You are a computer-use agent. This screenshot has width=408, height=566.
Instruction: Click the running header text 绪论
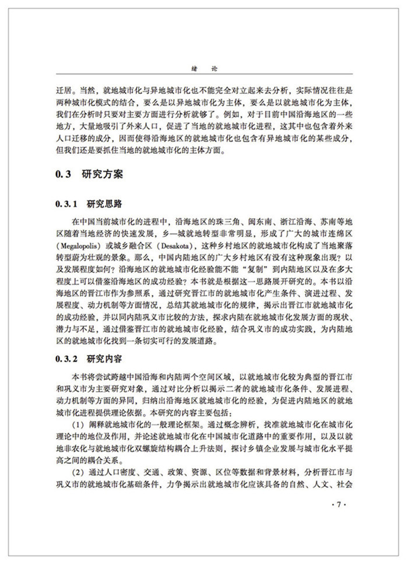[x=203, y=68]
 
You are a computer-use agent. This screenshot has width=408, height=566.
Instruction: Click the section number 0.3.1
[x=66, y=204]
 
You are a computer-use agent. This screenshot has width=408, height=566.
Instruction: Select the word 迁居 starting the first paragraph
[x=62, y=92]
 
